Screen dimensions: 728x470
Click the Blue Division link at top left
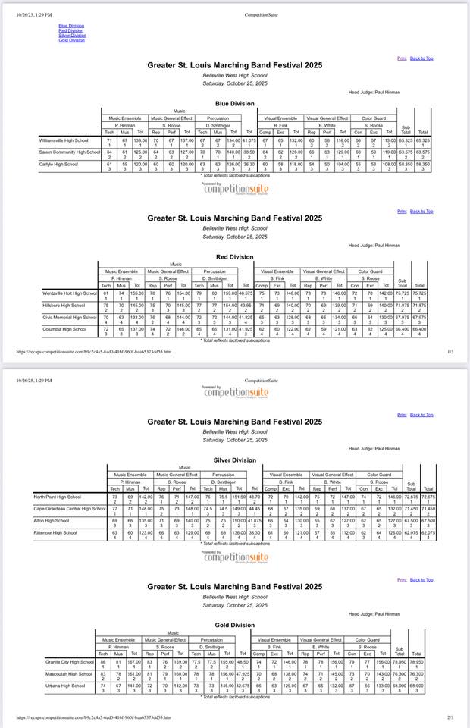71,25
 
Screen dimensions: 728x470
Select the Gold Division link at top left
71,40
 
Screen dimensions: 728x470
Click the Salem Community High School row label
70,152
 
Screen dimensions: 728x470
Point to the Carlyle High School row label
59,164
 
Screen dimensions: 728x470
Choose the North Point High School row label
55,497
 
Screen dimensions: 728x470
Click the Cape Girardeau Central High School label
69,508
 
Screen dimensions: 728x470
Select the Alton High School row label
52,520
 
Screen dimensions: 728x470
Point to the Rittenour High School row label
55,532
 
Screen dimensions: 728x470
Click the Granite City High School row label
69,662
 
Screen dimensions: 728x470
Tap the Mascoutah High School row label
68,673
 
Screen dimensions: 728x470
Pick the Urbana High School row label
64,686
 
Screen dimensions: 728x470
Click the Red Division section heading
234,257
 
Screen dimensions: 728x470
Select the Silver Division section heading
234,460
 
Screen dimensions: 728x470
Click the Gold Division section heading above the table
234,626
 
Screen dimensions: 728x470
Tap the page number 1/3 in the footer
450,352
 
